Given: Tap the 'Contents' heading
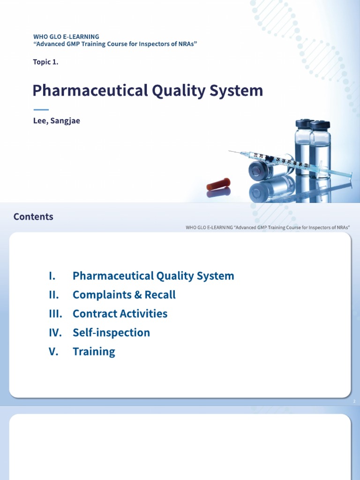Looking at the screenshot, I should tap(33, 217).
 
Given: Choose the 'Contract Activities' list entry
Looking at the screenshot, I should tap(120, 314).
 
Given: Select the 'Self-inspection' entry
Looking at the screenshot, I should tap(111, 333).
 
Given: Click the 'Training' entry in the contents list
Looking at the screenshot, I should tap(94, 352).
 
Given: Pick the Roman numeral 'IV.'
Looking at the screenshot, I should tap(55, 333).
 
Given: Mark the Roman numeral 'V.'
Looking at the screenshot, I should tap(53, 352).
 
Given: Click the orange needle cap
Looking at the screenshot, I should tap(218, 184).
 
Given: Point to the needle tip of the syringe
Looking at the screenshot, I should tap(230, 151).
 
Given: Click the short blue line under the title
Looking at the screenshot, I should tap(41, 109).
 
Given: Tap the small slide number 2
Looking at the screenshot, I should tap(354, 402).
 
